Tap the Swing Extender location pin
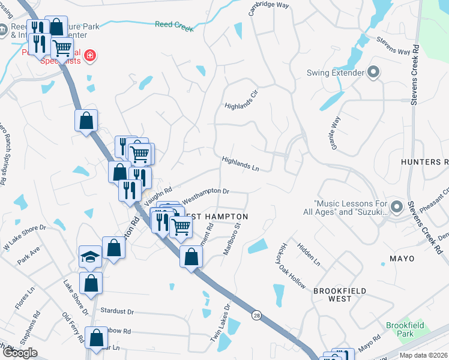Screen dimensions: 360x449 click(373, 73)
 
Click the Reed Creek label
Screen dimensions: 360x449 click(174, 25)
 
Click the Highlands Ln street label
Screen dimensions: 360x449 click(240, 164)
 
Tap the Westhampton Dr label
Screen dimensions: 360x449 click(206, 192)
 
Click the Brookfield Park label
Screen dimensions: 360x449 click(405, 329)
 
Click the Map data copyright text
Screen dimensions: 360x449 click(423, 355)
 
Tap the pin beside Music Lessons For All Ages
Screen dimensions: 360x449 click(396, 207)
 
